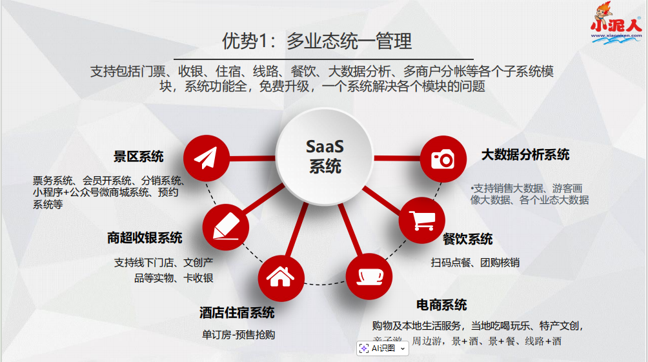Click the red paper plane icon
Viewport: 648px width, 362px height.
tap(207, 158)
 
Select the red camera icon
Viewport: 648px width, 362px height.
tap(443, 158)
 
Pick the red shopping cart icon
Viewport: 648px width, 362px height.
tap(422, 221)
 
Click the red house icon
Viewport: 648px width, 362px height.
tap(281, 277)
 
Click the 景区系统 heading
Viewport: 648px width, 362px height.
tap(139, 156)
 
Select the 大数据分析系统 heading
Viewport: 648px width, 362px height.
tap(525, 155)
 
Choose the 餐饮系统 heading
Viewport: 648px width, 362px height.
tap(467, 239)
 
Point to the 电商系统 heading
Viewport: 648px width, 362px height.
tap(441, 305)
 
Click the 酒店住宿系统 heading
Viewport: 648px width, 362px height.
tap(237, 313)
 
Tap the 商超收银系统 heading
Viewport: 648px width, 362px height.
tap(145, 238)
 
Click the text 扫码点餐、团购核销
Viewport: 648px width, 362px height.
tap(475, 263)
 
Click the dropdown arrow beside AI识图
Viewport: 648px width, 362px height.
tap(403, 348)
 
